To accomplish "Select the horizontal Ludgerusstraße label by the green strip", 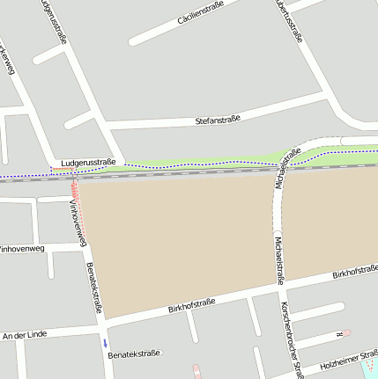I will [x=83, y=162].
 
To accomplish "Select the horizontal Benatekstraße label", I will [x=133, y=353].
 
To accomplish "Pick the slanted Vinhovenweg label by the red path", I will [x=78, y=222].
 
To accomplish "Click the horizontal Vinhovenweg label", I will [x=21, y=249].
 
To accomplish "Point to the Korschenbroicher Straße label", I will [x=291, y=339].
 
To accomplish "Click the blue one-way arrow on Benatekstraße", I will [x=105, y=342].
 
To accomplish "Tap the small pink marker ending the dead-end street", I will [x=346, y=332].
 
